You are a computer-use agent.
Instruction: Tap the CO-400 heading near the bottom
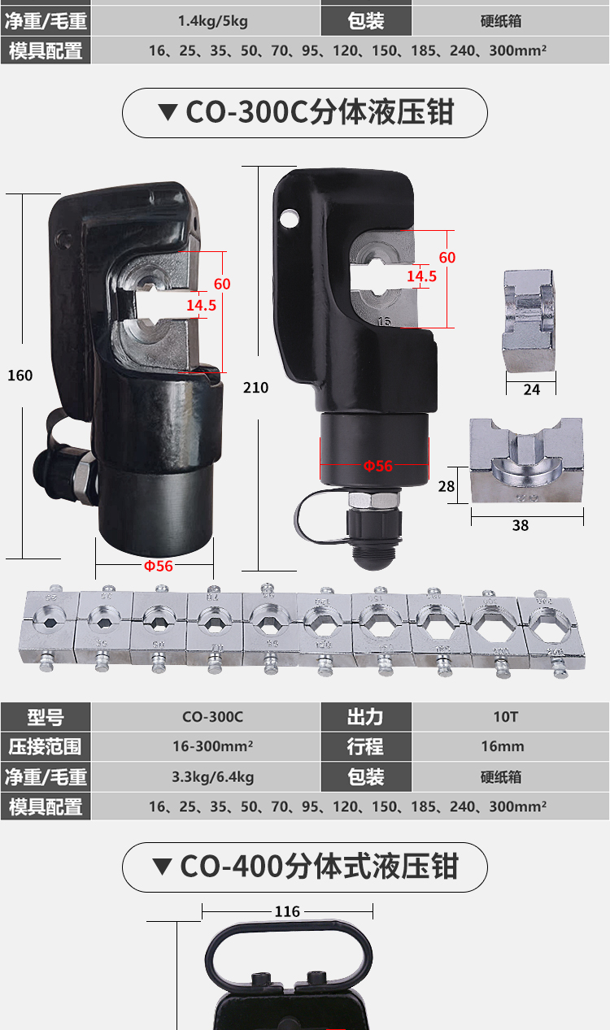pyautogui.click(x=319, y=867)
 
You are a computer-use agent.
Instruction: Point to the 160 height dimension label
pyautogui.click(x=20, y=376)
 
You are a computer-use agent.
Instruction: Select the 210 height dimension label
pyautogui.click(x=255, y=388)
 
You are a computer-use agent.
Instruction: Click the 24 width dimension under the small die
pyautogui.click(x=531, y=390)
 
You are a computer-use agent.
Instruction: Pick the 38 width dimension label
pyautogui.click(x=521, y=525)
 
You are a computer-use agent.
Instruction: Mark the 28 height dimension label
pyautogui.click(x=447, y=486)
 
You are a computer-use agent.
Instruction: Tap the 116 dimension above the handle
pyautogui.click(x=287, y=911)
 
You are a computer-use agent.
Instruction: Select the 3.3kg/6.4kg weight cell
pyautogui.click(x=212, y=776)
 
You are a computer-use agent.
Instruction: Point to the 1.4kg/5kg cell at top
pyautogui.click(x=212, y=21)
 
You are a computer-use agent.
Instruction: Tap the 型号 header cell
pyautogui.click(x=46, y=717)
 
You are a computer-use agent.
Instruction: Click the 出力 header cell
pyautogui.click(x=366, y=717)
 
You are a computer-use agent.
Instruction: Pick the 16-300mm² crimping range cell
pyautogui.click(x=212, y=746)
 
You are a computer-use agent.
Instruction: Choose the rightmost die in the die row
pyautogui.click(x=551, y=631)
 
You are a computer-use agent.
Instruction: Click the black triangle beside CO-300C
pyautogui.click(x=168, y=112)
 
